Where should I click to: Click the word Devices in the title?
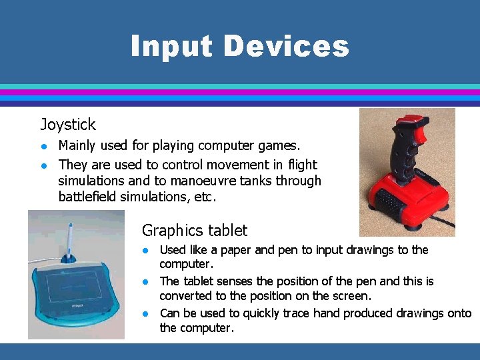tap(286, 47)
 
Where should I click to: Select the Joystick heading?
tap(68, 125)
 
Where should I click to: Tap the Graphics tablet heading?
tap(194, 231)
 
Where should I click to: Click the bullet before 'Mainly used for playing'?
tap(43, 145)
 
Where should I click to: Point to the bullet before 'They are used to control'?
tap(43, 164)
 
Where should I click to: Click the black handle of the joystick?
tap(405, 153)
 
